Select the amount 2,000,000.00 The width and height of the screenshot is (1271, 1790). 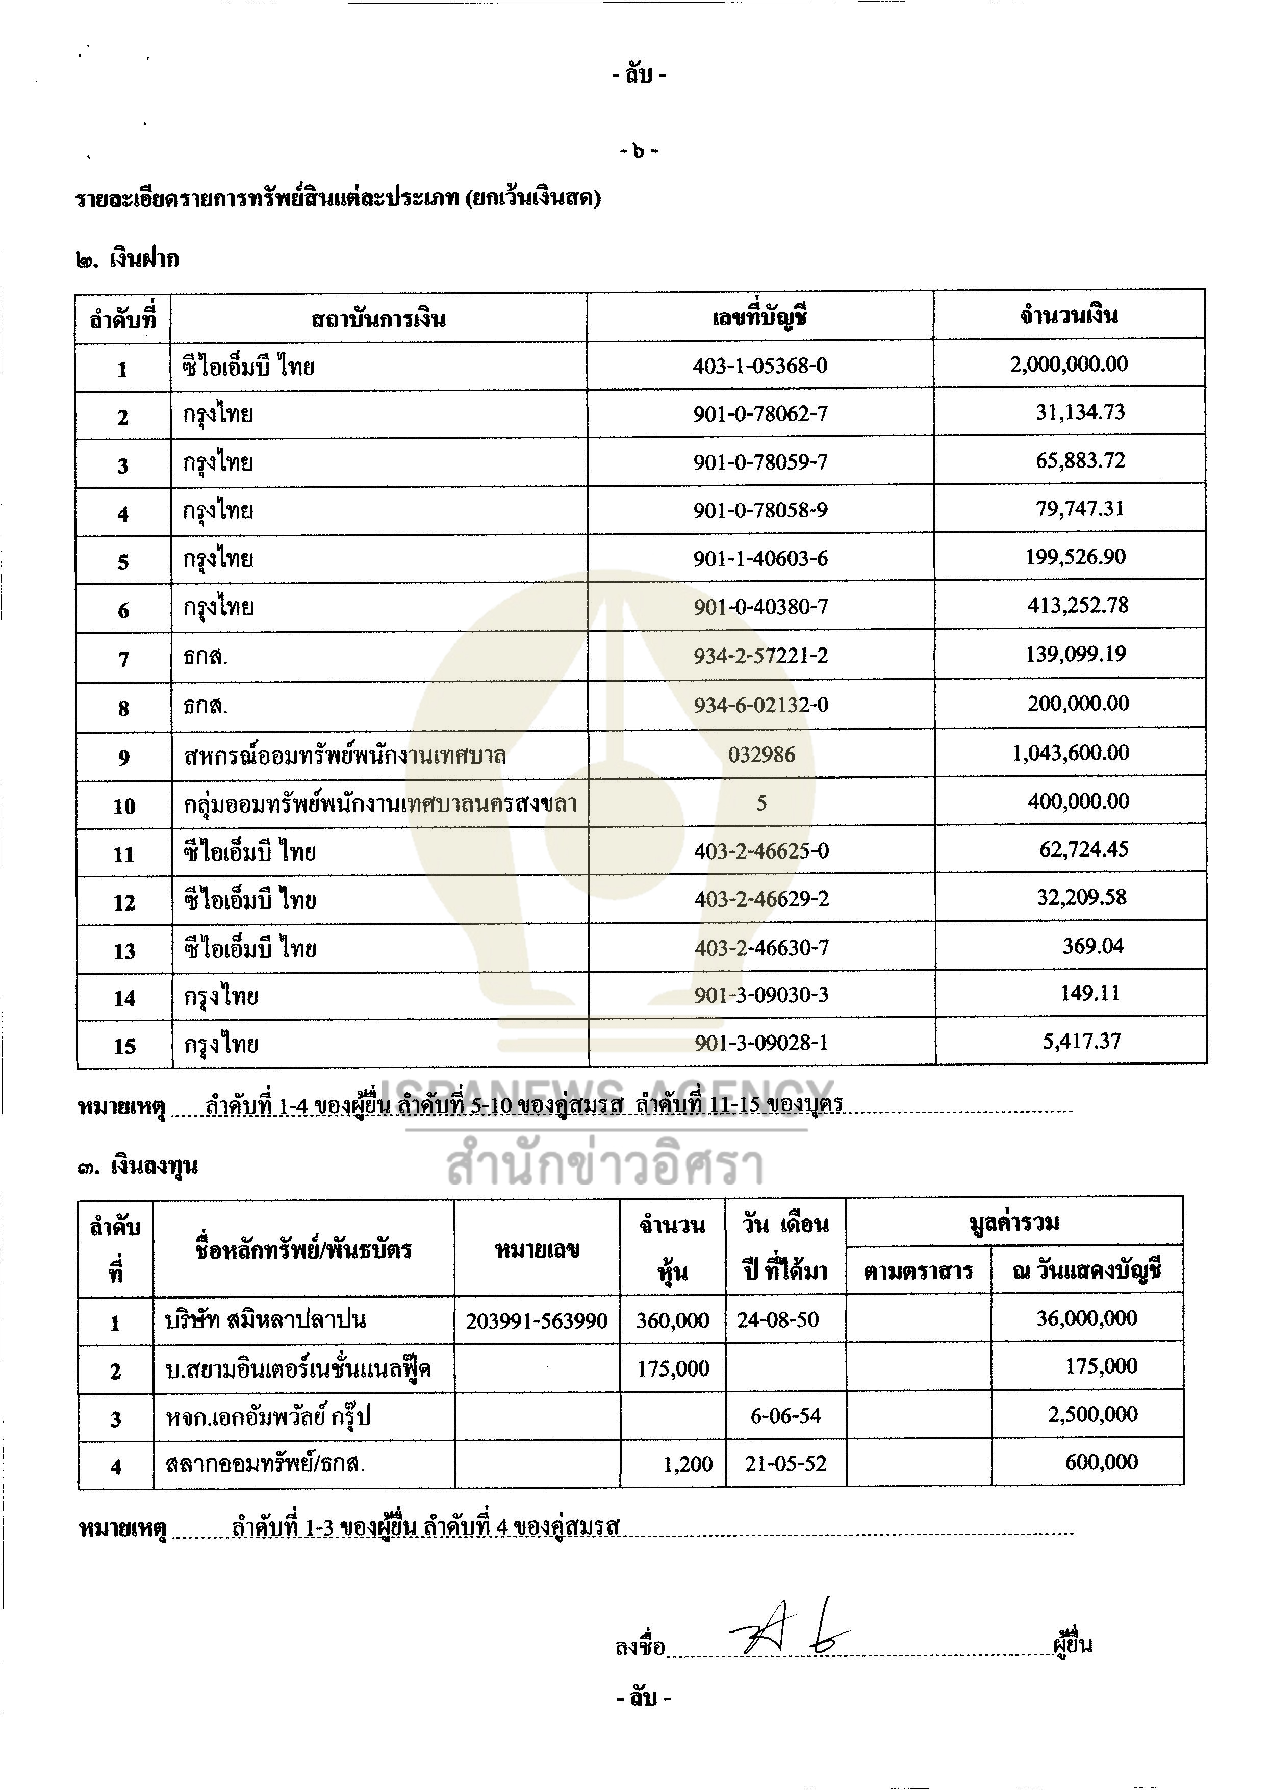pos(1069,364)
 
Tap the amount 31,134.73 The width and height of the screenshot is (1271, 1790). pos(1080,412)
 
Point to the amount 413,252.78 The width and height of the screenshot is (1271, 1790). pos(1078,606)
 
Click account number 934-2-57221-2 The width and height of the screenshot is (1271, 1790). pos(760,656)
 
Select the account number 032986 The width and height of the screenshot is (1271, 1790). pos(761,755)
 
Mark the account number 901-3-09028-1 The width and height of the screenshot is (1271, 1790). pos(761,1043)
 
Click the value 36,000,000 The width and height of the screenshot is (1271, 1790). pos(1086,1318)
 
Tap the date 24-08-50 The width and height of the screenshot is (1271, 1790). pos(777,1320)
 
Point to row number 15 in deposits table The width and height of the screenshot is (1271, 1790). pos(124,1046)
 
